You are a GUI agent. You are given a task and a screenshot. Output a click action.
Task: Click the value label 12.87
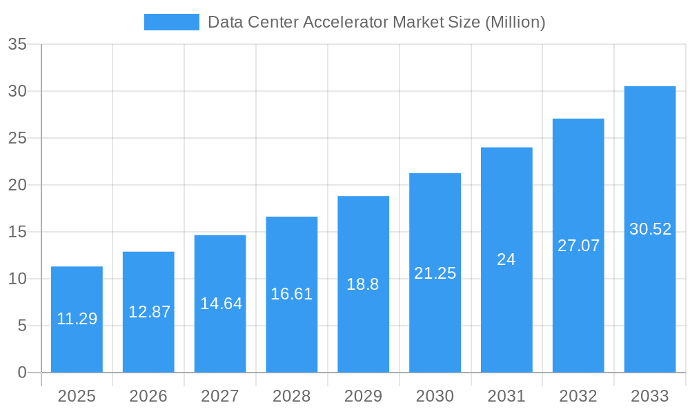click(149, 312)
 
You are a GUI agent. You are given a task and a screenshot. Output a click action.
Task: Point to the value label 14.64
click(221, 304)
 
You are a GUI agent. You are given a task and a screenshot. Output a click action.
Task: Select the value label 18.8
click(363, 284)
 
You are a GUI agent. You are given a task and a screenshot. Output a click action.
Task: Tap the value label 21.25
click(435, 273)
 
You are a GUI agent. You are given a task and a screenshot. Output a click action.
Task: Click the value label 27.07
click(578, 246)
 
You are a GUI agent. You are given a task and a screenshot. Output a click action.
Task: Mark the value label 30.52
click(650, 230)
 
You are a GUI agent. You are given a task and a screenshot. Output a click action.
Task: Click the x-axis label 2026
click(148, 396)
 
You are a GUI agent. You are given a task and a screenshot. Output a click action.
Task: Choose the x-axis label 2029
click(363, 396)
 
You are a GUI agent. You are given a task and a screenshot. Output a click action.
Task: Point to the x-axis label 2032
click(578, 396)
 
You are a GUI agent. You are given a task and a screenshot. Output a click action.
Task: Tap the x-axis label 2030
click(435, 396)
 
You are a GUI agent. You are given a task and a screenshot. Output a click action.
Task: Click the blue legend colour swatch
click(171, 22)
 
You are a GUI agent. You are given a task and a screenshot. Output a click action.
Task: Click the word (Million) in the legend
click(515, 22)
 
